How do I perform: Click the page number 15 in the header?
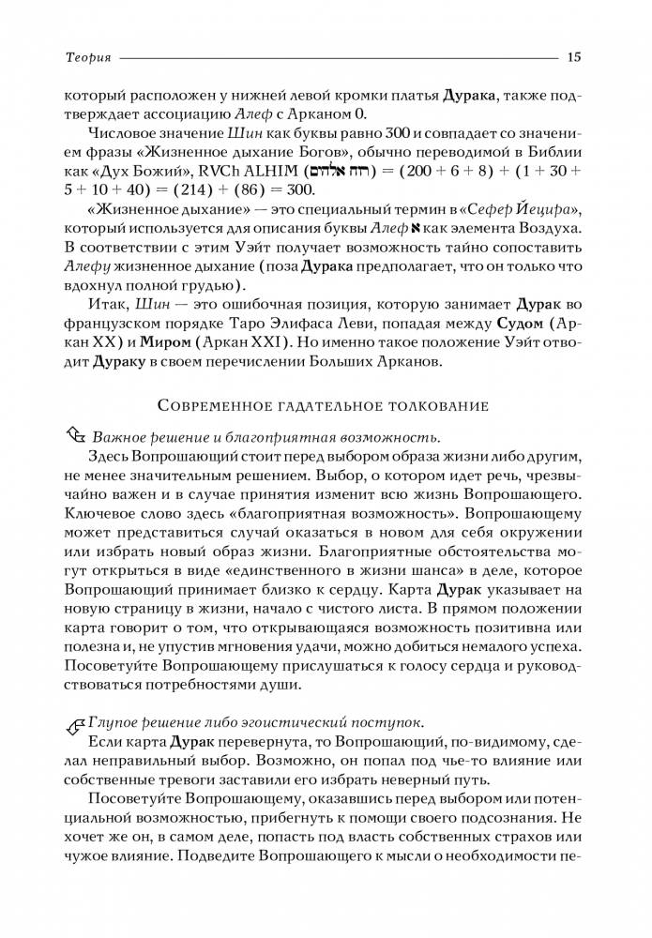click(x=574, y=58)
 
